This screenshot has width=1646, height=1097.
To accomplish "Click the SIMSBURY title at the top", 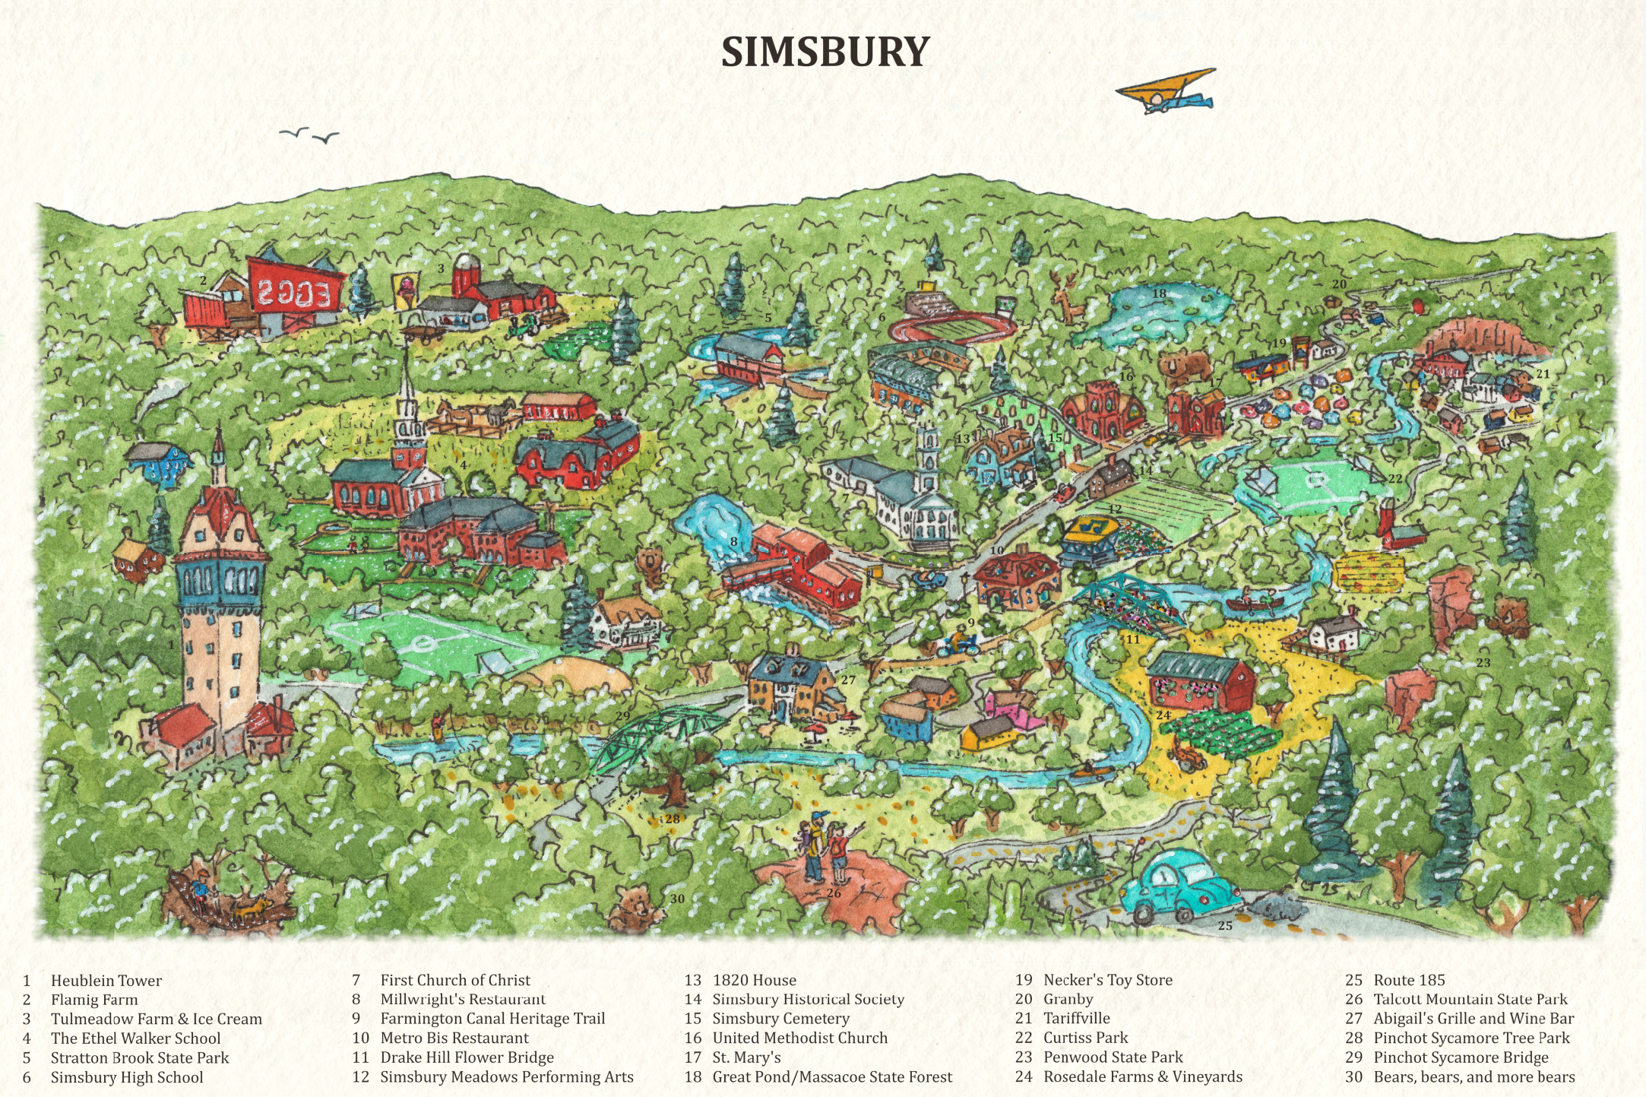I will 825,52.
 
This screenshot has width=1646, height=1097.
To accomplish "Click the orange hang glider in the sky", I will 1164,90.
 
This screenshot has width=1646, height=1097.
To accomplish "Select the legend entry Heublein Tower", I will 106,981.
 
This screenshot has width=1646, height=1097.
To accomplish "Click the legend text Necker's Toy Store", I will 1107,980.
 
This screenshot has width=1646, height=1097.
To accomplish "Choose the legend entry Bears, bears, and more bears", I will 1473,1077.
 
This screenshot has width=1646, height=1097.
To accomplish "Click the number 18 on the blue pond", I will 1159,293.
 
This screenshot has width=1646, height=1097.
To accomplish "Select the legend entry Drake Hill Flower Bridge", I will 467,1057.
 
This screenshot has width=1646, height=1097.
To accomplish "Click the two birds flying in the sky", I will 309,135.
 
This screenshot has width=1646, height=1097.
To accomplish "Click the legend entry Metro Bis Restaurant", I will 454,1038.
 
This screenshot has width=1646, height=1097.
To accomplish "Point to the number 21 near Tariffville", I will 1543,374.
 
